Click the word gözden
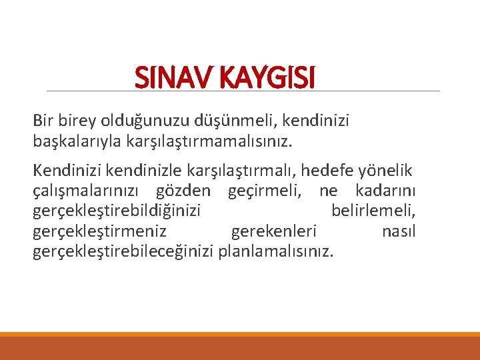(x=183, y=192)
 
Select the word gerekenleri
(x=274, y=232)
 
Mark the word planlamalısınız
(x=277, y=252)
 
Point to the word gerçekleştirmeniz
(x=99, y=232)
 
